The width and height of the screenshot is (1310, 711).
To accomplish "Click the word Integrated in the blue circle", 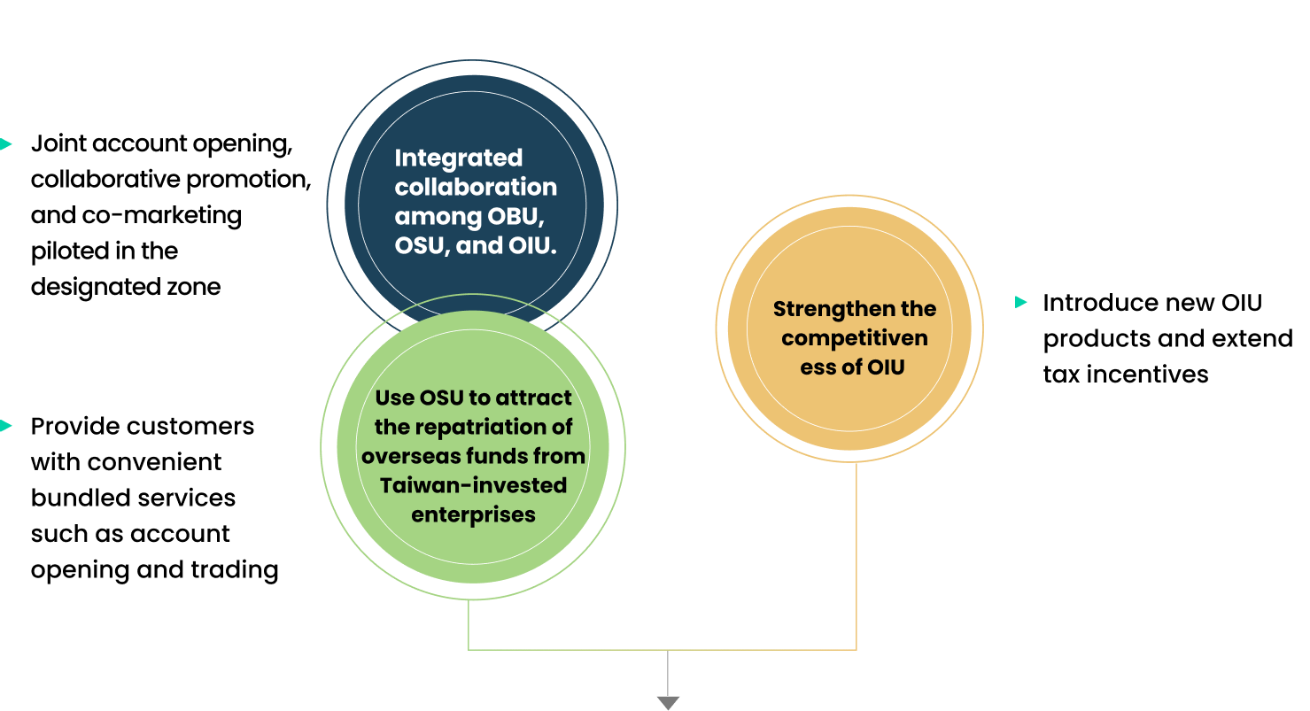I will [459, 158].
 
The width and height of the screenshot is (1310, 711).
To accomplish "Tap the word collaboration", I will [476, 187].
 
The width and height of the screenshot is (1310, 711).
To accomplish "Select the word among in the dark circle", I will [437, 216].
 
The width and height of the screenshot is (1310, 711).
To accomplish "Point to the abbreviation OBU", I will [515, 216].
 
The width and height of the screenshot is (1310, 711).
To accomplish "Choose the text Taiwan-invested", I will [474, 485].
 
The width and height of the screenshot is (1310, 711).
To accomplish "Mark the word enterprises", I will [474, 514].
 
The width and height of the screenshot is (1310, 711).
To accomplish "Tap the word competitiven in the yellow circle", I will [855, 337].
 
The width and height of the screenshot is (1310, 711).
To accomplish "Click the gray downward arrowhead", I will [668, 702].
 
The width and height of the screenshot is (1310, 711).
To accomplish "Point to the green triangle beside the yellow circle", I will [1020, 302].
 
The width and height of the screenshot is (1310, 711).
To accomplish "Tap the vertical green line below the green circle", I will [469, 624].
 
